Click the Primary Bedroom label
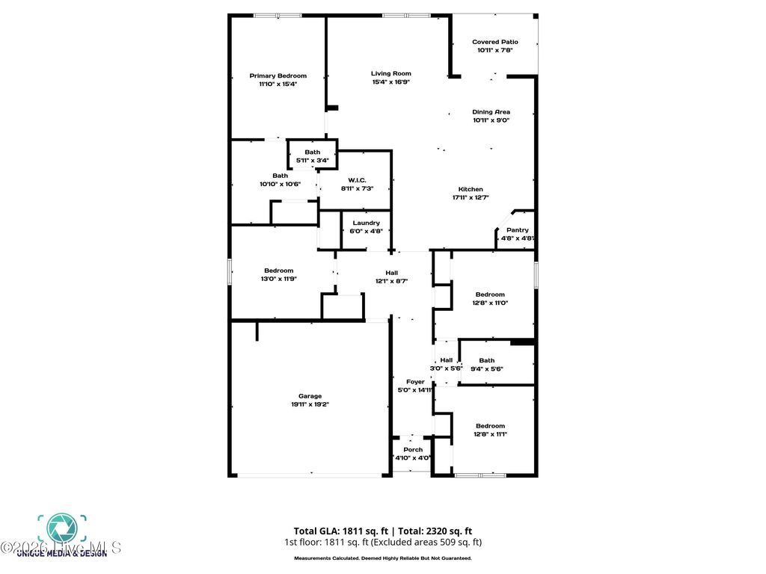(278, 75)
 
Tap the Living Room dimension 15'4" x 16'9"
(391, 81)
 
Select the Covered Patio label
(495, 42)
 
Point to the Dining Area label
(491, 112)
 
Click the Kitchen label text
(471, 189)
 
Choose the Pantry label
(518, 230)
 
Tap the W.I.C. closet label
(356, 180)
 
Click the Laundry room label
(367, 223)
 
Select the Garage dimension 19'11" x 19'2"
(310, 404)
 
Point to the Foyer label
(415, 382)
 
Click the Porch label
(413, 449)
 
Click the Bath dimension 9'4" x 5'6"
(487, 368)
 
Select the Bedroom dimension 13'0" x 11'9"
(278, 279)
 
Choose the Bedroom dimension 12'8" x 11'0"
(490, 303)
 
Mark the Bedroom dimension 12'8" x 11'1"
(490, 434)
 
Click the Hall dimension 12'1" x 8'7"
(391, 282)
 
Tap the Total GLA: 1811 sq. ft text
(340, 531)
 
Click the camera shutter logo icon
(62, 527)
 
